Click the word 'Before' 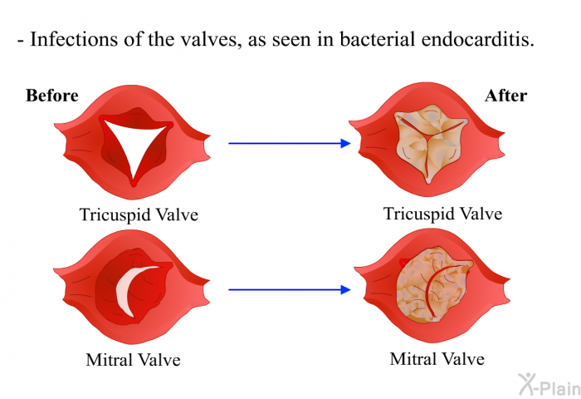[x=51, y=96]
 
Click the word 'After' [x=505, y=96]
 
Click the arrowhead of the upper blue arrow [x=345, y=143]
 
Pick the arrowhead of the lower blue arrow [x=345, y=289]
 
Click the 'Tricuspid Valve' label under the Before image [x=139, y=215]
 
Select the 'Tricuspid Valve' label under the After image [x=442, y=214]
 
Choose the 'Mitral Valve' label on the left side [x=134, y=360]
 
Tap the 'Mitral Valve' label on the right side [x=437, y=359]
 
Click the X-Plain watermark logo [x=549, y=385]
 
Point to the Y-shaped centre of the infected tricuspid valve [x=429, y=136]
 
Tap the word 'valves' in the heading [x=212, y=39]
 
